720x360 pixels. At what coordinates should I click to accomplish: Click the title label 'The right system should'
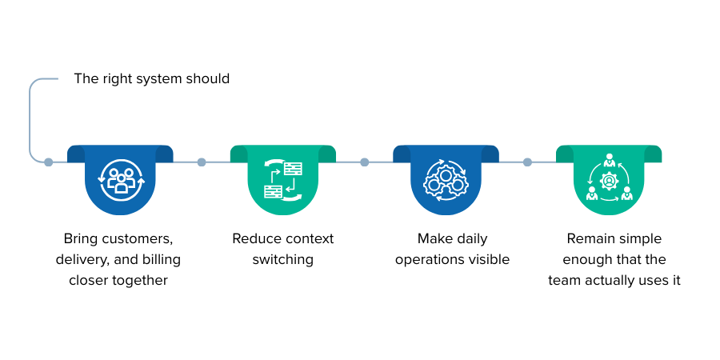[x=152, y=78]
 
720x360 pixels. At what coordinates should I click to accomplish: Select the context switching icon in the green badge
[x=283, y=180]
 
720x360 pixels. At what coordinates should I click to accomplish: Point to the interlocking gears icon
[x=446, y=180]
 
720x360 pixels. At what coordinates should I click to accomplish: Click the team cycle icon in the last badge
[x=609, y=180]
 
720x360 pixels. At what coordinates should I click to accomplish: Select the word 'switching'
[x=282, y=259]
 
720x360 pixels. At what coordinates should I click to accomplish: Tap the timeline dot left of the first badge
[x=49, y=162]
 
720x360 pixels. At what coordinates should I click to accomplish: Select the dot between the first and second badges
[x=202, y=162]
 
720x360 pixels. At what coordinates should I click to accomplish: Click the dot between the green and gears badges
[x=365, y=162]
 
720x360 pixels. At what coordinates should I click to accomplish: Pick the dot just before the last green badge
[x=527, y=162]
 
